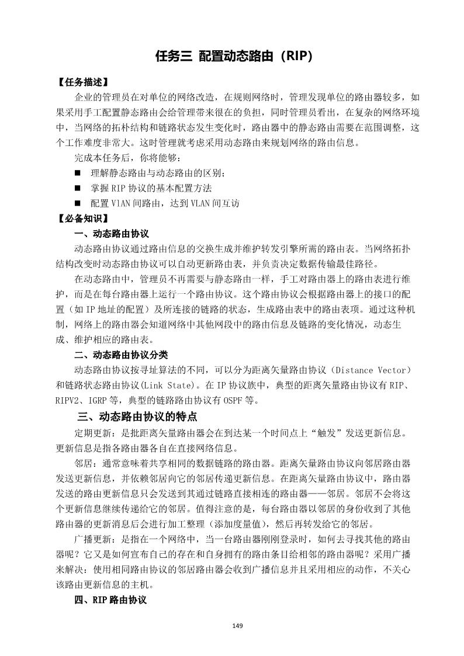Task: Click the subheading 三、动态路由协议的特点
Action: (137, 417)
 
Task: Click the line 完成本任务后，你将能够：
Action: (124, 158)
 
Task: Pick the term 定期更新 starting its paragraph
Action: (90, 433)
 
